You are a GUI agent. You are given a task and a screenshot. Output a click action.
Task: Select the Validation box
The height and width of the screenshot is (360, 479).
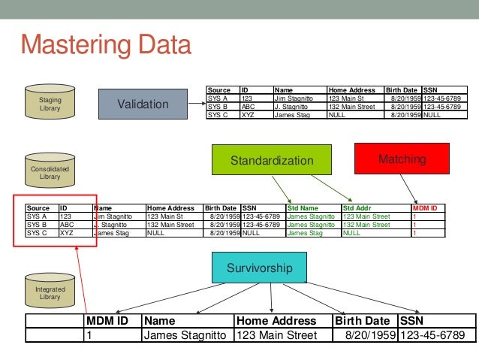tap(143, 104)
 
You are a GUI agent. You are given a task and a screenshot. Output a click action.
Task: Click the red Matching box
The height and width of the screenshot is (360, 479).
tap(402, 159)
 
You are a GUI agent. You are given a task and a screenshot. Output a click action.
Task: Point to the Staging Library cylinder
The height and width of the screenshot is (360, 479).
tap(50, 104)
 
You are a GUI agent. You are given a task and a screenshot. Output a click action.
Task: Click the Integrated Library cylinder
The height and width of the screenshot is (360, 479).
tap(50, 292)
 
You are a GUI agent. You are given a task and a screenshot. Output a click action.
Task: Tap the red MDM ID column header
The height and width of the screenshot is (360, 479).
tap(425, 208)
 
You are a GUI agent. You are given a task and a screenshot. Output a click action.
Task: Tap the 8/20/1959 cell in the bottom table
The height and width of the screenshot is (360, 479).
tap(370, 335)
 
